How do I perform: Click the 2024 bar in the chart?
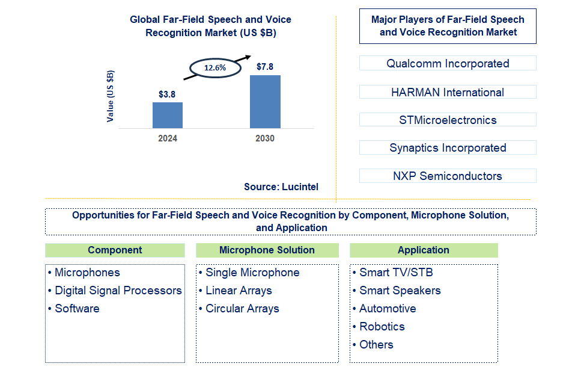[167, 115]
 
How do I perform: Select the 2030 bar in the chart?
[265, 101]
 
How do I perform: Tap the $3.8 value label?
[167, 94]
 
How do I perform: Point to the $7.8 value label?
[265, 67]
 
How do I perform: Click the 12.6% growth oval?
[215, 68]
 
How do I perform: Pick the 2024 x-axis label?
[168, 138]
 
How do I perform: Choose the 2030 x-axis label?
[265, 138]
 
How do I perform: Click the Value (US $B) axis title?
[111, 96]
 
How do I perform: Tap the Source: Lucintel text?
[281, 187]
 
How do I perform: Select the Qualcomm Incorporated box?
[448, 63]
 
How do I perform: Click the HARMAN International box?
[448, 92]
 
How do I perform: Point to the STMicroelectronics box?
[448, 120]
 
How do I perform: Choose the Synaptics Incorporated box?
[448, 147]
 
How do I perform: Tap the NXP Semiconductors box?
[448, 176]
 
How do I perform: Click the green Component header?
[115, 250]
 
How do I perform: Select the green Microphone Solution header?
[267, 250]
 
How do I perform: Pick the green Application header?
[424, 250]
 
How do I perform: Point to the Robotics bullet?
[382, 327]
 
